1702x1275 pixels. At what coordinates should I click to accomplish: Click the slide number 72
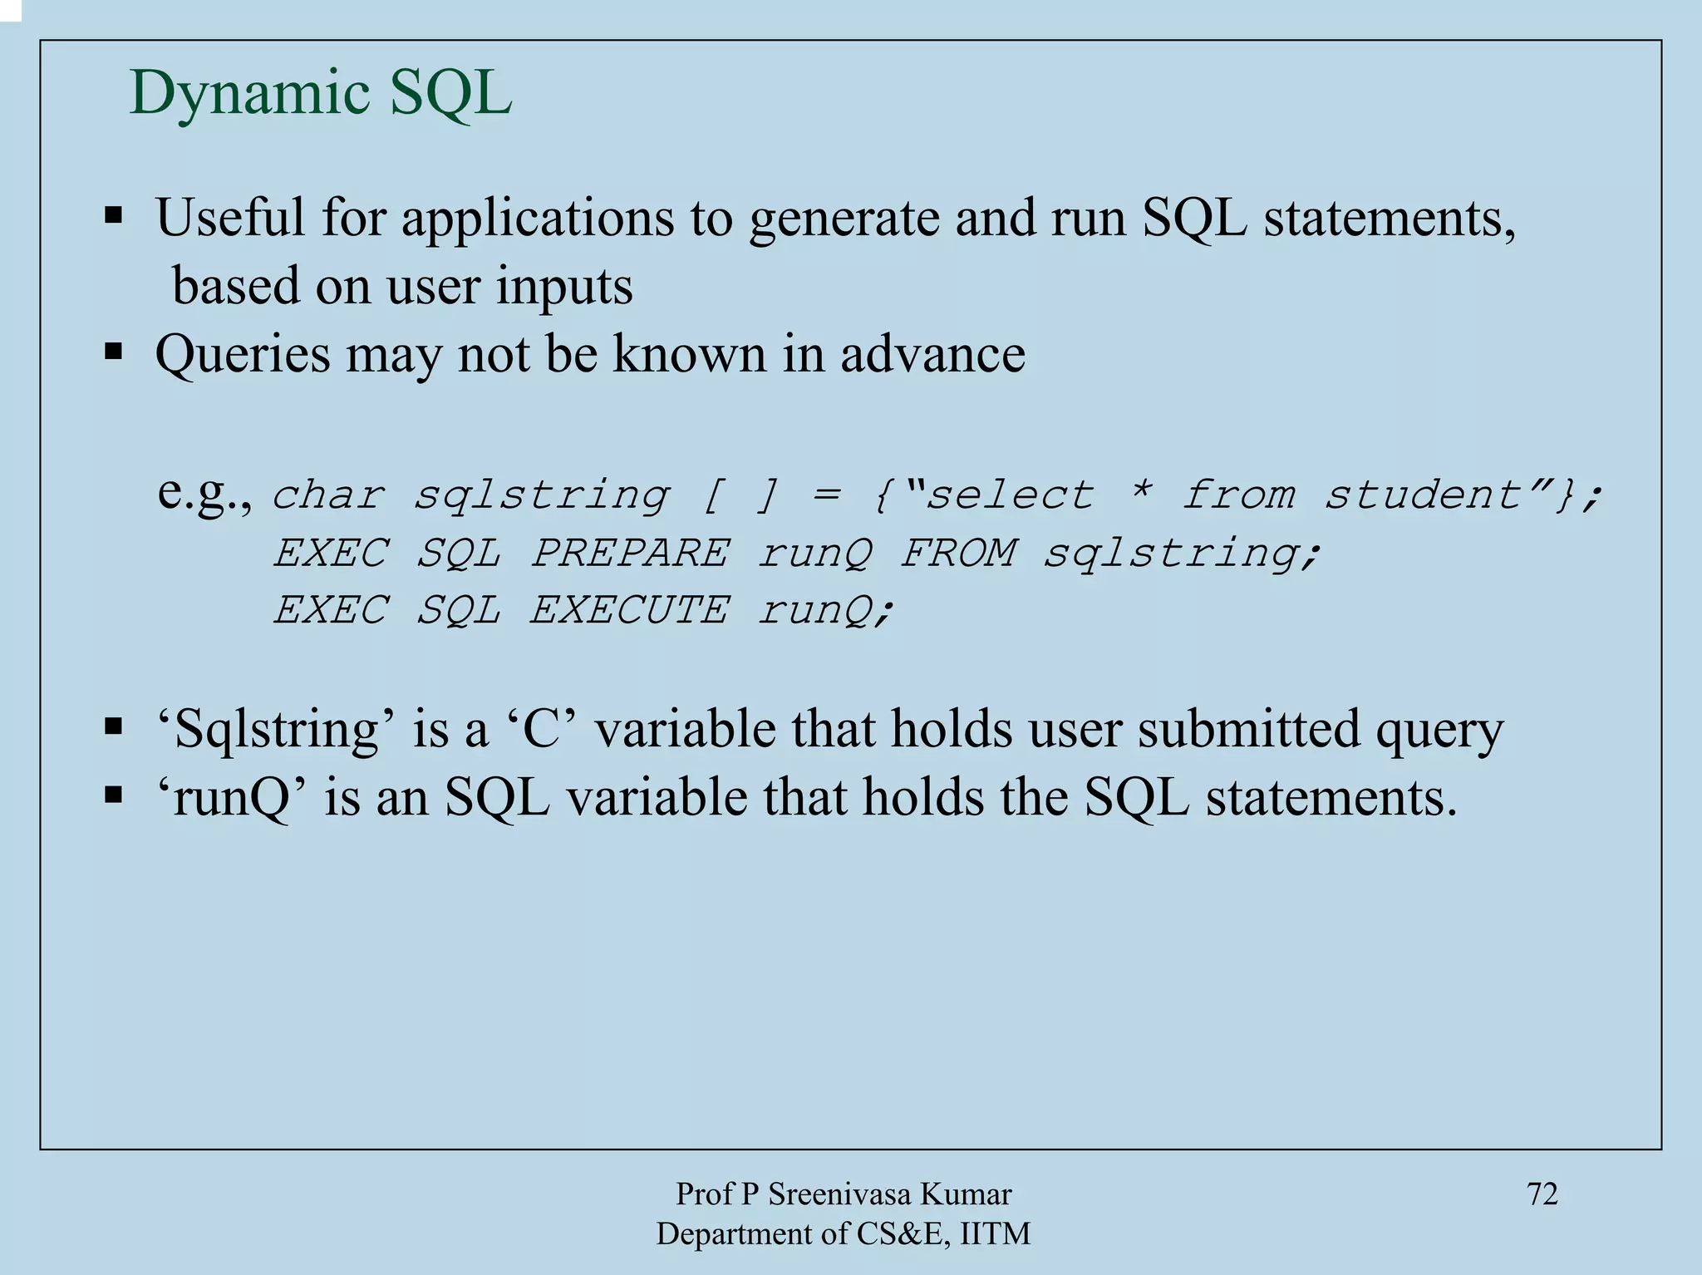pyautogui.click(x=1542, y=1194)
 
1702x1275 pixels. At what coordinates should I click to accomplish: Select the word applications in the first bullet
pyautogui.click(x=538, y=219)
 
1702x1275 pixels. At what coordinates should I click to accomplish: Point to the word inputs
pyautogui.click(x=564, y=287)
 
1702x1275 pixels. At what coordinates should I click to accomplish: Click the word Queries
pyautogui.click(x=243, y=355)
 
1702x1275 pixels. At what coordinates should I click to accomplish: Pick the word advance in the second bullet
pyautogui.click(x=932, y=354)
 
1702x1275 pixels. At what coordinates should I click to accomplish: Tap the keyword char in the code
pyautogui.click(x=329, y=495)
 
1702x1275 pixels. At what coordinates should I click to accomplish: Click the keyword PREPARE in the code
pyautogui.click(x=630, y=554)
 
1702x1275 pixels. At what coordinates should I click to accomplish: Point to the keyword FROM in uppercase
pyautogui.click(x=958, y=554)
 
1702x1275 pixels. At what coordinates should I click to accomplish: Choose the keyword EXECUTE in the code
pyautogui.click(x=630, y=610)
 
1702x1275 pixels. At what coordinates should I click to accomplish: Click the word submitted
pyautogui.click(x=1249, y=730)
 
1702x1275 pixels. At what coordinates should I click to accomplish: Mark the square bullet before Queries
pyautogui.click(x=114, y=352)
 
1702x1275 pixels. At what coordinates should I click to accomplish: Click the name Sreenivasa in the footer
pyautogui.click(x=841, y=1194)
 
